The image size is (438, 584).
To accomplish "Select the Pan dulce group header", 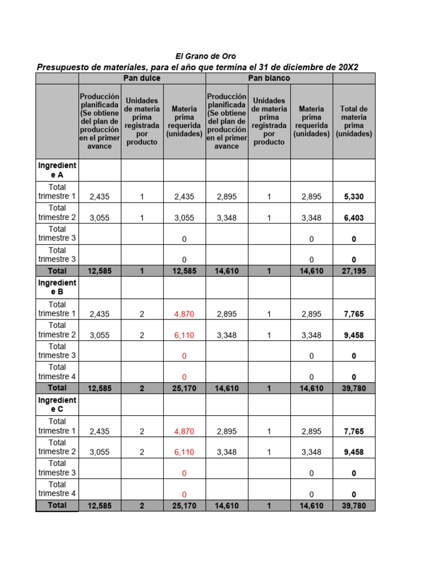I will [x=142, y=78].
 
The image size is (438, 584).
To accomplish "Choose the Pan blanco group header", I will [x=269, y=78].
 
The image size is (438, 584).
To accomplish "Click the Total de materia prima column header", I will [x=354, y=121].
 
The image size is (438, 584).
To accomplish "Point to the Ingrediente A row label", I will [x=57, y=170].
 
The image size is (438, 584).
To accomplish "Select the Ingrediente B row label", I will [x=57, y=287].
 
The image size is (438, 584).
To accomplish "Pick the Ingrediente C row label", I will [x=57, y=405].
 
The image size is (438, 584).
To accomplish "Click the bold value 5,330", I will [x=354, y=197].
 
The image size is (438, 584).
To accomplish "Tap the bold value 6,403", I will [x=354, y=218].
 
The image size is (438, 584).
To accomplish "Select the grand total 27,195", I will [x=354, y=271].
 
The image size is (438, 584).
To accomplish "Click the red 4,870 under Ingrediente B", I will [x=184, y=314].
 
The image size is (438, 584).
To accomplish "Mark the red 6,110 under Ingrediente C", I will [x=184, y=452].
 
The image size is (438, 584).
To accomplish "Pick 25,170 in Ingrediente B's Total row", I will [x=184, y=389].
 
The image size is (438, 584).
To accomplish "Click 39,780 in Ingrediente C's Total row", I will [x=354, y=506].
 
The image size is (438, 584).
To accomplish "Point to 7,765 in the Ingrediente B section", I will [x=354, y=314].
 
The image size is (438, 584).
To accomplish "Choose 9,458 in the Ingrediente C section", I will [x=354, y=452].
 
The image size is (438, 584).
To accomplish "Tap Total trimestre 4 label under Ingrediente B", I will [x=57, y=372].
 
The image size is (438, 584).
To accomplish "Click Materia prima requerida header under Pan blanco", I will [x=311, y=121].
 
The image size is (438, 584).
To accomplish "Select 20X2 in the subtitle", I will [x=348, y=67].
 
